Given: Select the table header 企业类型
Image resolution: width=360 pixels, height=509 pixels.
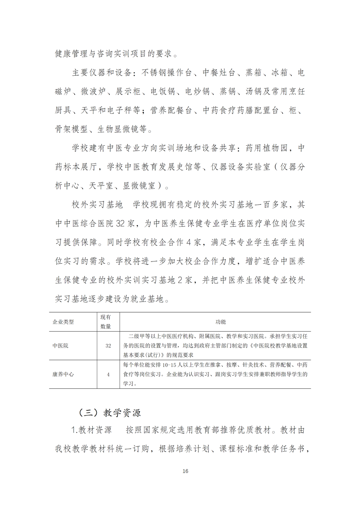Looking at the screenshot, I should pyautogui.click(x=63, y=322).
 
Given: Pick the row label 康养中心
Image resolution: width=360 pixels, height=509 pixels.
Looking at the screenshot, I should pyautogui.click(x=63, y=374).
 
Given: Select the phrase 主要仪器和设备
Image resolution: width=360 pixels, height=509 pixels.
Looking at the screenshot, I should pyautogui.click(x=101, y=73).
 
